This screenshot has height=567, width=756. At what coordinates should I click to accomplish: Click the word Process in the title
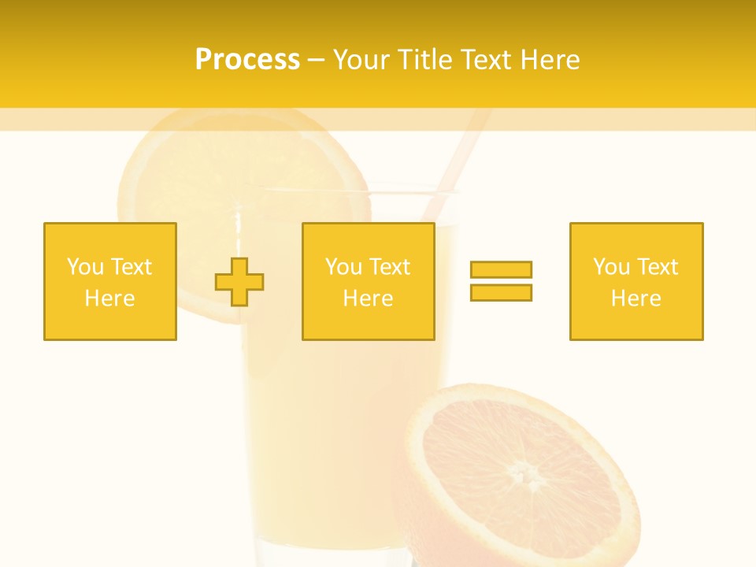point(247,60)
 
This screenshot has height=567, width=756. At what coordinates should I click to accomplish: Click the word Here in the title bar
point(550,60)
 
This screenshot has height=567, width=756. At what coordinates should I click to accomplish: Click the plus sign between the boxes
point(239,281)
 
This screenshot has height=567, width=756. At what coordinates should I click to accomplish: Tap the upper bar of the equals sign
point(501,270)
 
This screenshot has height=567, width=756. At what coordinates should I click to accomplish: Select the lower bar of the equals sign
point(501,292)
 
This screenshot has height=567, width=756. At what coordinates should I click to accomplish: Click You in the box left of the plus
point(85,267)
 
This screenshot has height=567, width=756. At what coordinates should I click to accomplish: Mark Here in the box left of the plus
point(109,298)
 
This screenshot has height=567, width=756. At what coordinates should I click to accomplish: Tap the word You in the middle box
point(343,267)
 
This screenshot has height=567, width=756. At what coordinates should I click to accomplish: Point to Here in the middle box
point(368,298)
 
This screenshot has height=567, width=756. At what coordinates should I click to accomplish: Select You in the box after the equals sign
point(611,267)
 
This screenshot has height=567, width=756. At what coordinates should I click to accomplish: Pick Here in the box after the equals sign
point(636,298)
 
